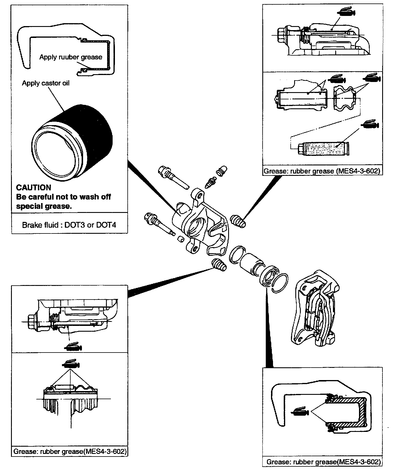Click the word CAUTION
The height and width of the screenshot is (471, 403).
[x=34, y=187]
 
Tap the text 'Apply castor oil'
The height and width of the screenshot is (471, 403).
[x=46, y=83]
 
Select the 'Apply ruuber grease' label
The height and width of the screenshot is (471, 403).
[x=71, y=57]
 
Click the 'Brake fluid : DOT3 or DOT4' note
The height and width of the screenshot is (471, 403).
[x=69, y=225]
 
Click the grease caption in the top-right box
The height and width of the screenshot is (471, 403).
[x=322, y=171]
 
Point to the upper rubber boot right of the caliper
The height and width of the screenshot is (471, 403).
[x=239, y=221]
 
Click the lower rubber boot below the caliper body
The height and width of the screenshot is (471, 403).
[x=219, y=265]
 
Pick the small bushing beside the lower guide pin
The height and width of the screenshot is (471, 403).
[x=181, y=238]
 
